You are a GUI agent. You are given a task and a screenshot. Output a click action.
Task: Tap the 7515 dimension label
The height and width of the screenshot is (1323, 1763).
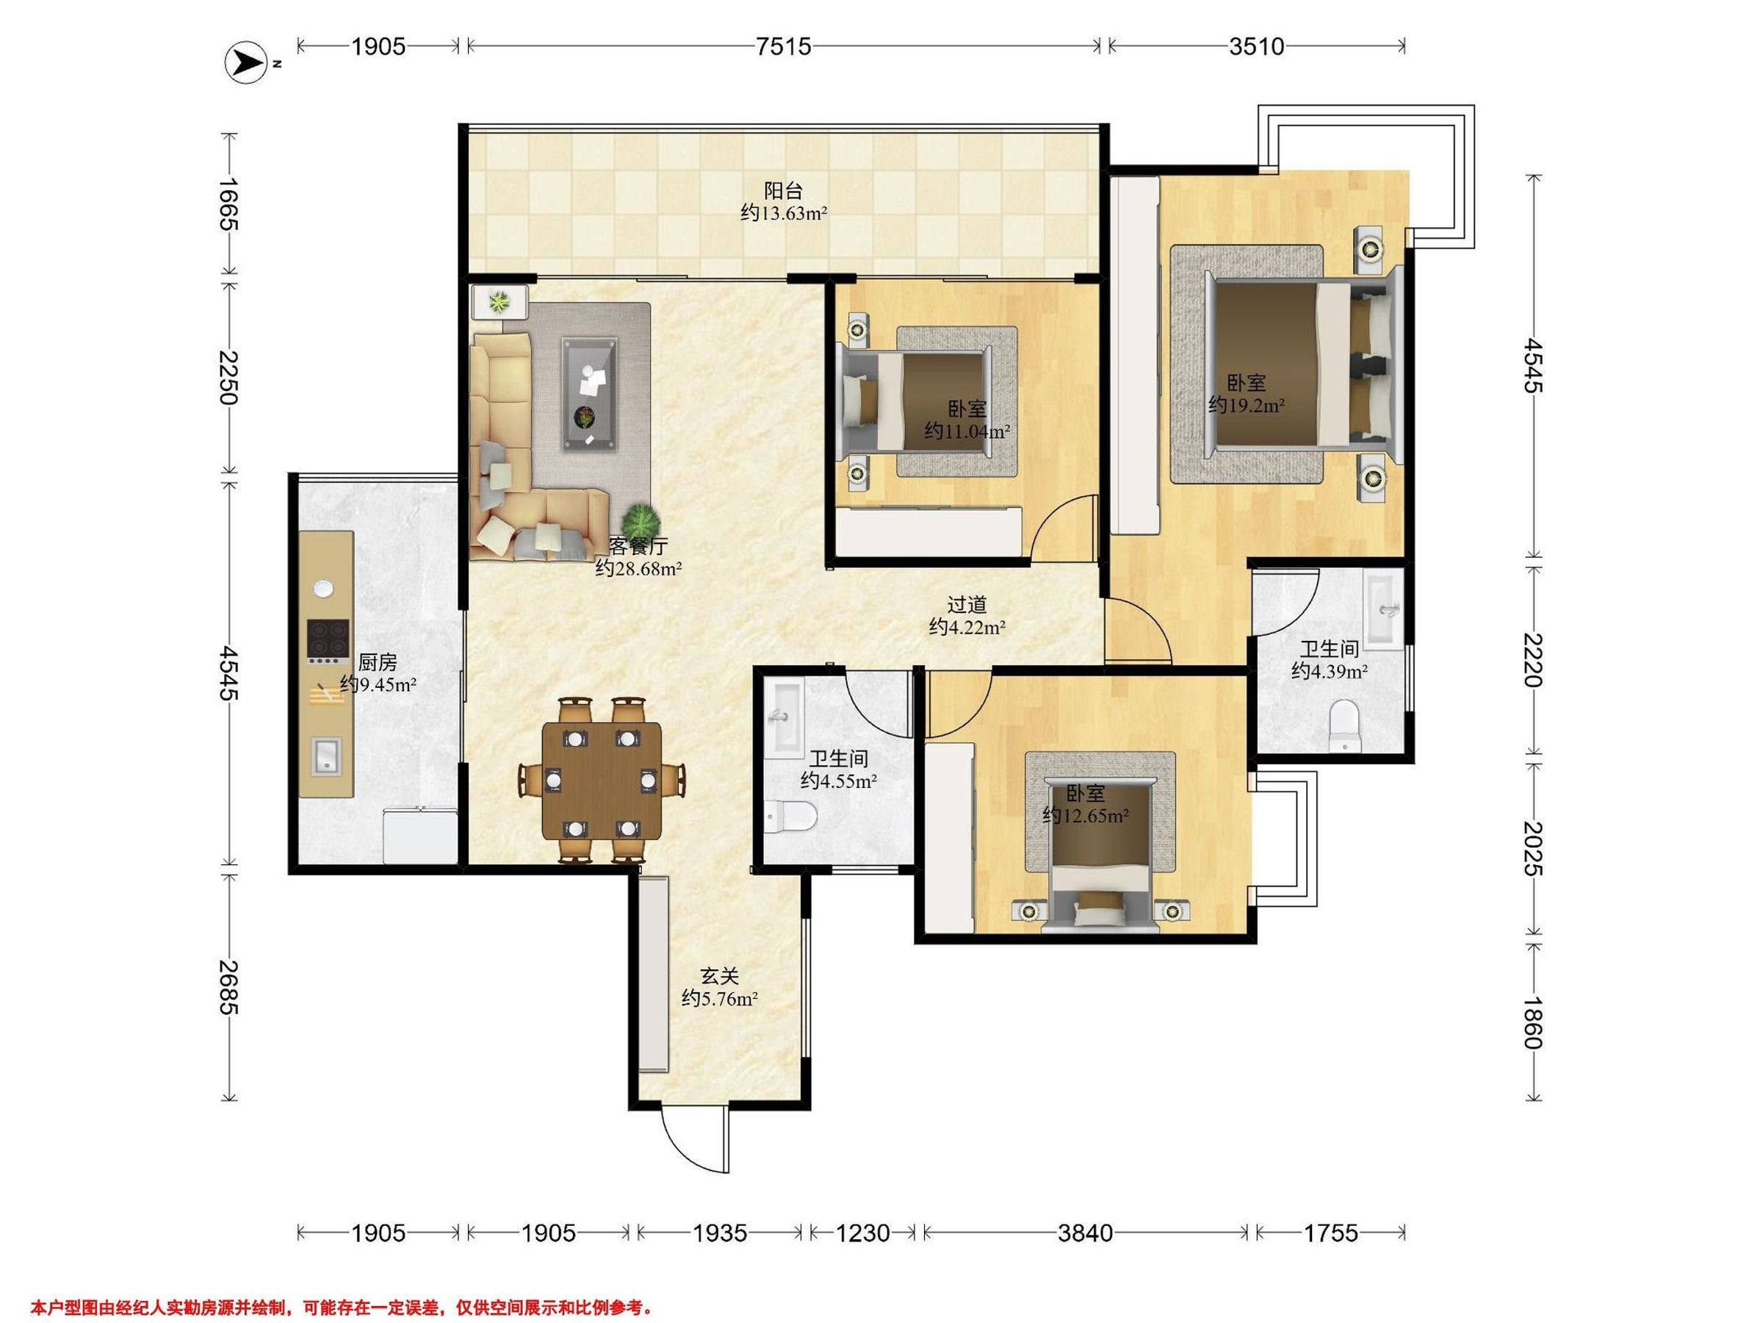(784, 47)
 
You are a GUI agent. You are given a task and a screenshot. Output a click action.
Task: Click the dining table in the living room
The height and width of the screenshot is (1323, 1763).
(602, 781)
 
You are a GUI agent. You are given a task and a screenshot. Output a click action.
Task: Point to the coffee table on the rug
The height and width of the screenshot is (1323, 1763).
(590, 395)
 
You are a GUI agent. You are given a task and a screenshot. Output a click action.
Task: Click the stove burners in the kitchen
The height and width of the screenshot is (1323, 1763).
(328, 639)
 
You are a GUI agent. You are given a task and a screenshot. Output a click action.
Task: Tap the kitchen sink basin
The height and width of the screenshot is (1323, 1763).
(326, 755)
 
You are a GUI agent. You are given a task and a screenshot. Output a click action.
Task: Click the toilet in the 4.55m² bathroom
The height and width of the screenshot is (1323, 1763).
(790, 816)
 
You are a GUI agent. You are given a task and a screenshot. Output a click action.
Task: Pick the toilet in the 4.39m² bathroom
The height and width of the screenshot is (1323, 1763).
(1344, 725)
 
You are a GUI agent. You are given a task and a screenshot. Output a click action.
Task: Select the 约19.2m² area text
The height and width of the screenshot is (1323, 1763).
(1247, 405)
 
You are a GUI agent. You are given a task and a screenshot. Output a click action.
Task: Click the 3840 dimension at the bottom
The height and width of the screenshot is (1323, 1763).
(1085, 1233)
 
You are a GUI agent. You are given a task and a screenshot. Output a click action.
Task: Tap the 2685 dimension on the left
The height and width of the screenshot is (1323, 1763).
(228, 987)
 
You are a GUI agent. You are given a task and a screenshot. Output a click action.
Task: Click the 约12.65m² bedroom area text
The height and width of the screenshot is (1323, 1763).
(1086, 816)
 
